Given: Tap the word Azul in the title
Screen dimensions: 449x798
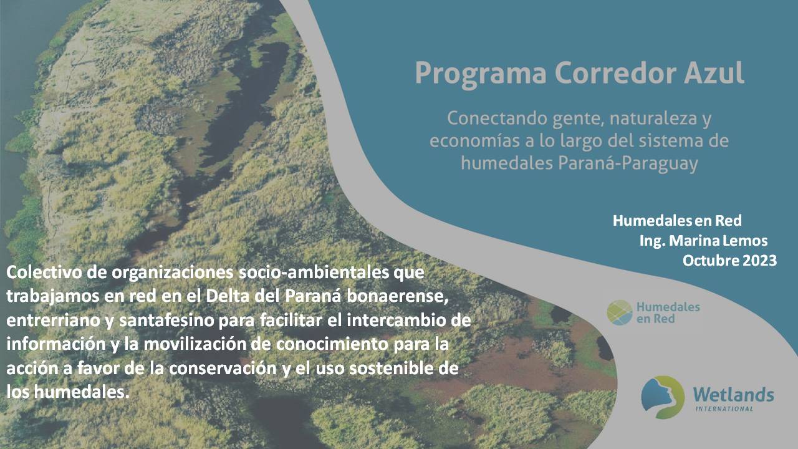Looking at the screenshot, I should (x=714, y=72).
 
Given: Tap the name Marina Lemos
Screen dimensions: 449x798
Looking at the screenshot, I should (x=720, y=241).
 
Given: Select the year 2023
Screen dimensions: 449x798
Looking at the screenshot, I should (x=759, y=261).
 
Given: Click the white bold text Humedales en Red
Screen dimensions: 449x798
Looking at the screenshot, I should (x=676, y=221).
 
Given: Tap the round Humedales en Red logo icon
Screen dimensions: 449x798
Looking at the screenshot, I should (x=619, y=312).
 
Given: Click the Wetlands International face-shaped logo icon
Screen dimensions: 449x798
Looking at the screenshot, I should (x=663, y=397).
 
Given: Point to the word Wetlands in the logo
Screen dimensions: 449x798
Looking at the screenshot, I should (x=733, y=394).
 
